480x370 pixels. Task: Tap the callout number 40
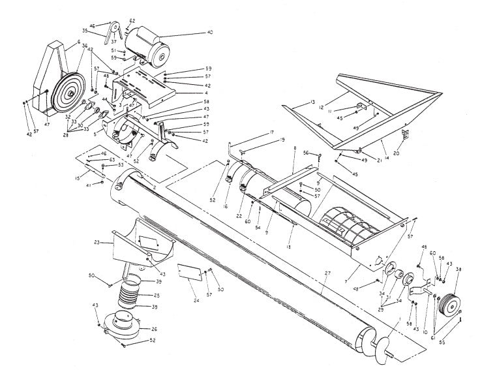tap(210, 31)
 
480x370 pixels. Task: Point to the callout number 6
tap(78, 42)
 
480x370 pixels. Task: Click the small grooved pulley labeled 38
tap(449, 305)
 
